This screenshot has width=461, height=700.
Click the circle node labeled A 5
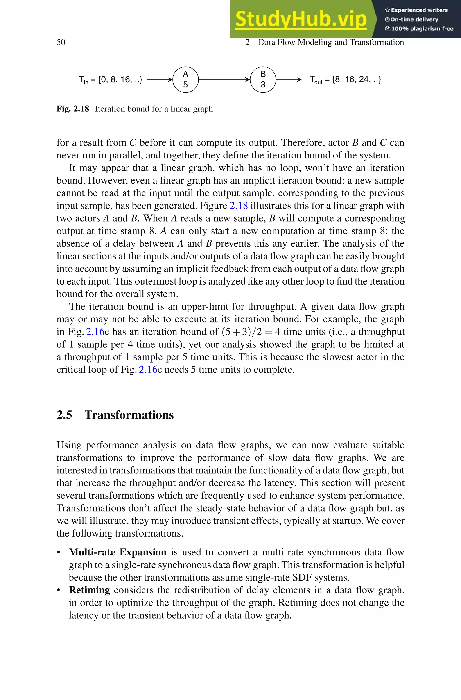(185, 80)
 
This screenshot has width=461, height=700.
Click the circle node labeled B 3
(263, 80)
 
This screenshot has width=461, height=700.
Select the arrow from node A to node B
(224, 80)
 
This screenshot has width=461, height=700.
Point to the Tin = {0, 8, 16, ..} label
(111, 80)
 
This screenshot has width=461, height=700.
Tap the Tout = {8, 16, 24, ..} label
(346, 80)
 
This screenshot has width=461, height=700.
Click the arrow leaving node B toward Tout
(288, 80)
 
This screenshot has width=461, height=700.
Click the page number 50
(61, 42)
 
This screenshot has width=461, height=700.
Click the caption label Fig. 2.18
(73, 109)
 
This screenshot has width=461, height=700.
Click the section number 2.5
(64, 415)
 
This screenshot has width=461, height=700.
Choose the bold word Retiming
(89, 590)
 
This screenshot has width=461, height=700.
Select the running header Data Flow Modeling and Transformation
(331, 42)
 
